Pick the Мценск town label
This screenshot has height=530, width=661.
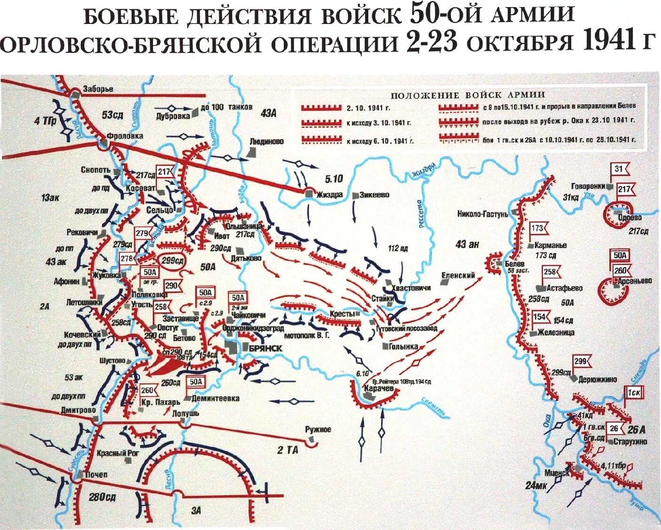pos(557,473)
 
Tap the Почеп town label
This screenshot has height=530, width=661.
pos(97,475)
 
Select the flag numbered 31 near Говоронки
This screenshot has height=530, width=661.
pos(618,170)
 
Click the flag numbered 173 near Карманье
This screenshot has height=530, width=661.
pos(537,229)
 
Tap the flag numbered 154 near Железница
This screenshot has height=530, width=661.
pos(540,317)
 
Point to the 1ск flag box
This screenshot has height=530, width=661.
pos(631,391)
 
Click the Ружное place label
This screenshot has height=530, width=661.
pos(318,429)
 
